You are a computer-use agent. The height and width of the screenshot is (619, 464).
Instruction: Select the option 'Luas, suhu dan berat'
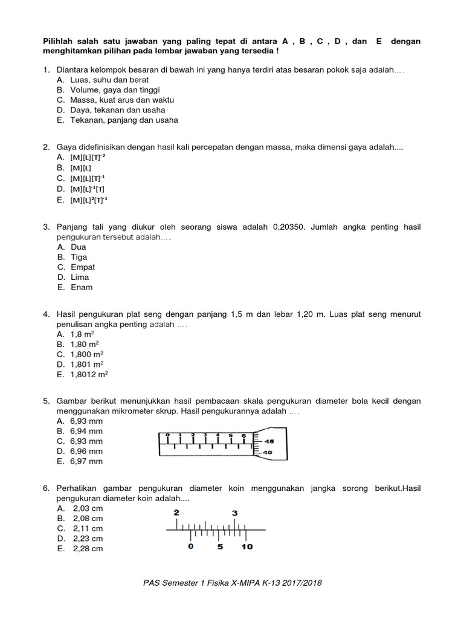click(109, 79)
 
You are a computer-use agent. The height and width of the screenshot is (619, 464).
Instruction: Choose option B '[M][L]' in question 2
click(80, 167)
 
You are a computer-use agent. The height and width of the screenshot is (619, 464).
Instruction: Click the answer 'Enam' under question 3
click(82, 288)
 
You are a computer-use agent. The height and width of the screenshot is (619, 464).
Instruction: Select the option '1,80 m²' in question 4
click(87, 344)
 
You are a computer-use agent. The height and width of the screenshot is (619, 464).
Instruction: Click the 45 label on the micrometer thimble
click(269, 441)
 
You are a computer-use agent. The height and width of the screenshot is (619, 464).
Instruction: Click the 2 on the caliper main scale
click(176, 513)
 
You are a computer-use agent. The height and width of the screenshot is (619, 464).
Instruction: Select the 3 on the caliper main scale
click(235, 513)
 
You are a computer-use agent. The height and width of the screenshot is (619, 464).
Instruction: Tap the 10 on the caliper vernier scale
click(247, 547)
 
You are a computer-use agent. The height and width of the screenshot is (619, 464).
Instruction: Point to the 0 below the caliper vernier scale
click(191, 547)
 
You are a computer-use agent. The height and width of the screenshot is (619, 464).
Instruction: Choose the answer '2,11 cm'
click(88, 528)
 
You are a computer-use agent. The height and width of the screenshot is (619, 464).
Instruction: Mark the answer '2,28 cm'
click(88, 549)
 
